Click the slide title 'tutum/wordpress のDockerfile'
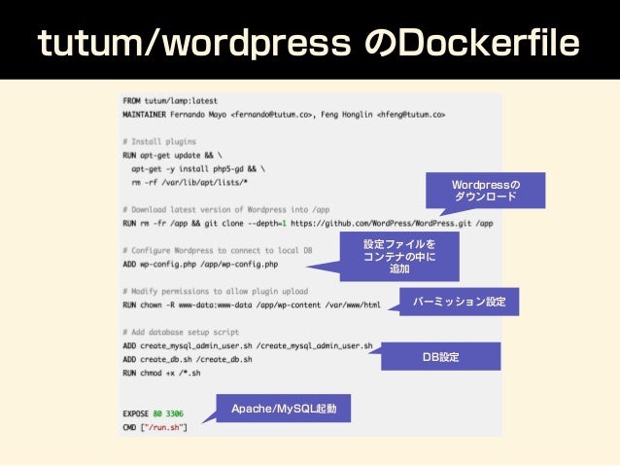coord(309,44)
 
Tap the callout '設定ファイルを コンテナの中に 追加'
coord(399,256)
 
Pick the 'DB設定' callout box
coord(440,357)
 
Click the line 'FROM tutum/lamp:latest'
coord(170,100)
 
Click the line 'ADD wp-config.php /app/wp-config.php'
coord(200,264)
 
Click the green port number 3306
coord(175,413)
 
